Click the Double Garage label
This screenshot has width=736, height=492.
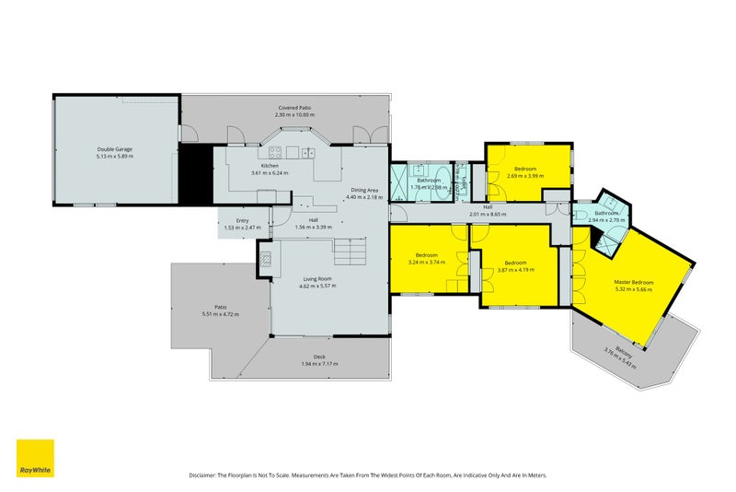pyautogui.click(x=115, y=149)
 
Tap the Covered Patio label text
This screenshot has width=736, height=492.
pyautogui.click(x=294, y=108)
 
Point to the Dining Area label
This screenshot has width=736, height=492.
pyautogui.click(x=362, y=190)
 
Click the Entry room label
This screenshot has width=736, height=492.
pyautogui.click(x=242, y=220)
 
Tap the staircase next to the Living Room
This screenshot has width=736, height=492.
pyautogui.click(x=351, y=249)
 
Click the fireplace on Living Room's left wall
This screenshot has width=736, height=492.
pyautogui.click(x=264, y=260)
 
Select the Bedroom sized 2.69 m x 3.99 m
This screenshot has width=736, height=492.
pyautogui.click(x=525, y=170)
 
